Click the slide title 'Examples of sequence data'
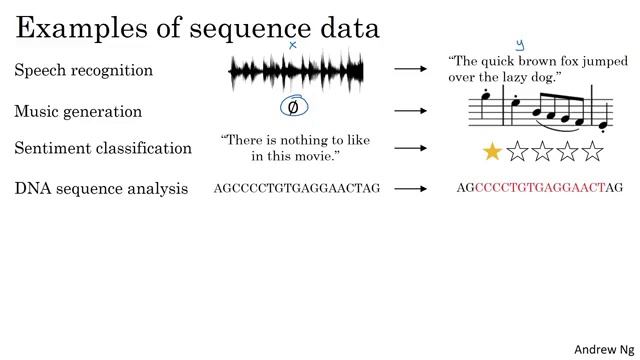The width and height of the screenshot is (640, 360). pos(198,27)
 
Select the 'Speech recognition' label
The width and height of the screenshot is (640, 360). pos(84,71)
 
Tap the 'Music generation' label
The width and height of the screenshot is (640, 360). pos(78,111)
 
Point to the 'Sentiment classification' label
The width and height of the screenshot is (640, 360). pos(103,148)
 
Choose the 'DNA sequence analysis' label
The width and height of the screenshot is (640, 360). pos(101,187)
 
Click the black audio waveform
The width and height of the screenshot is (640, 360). pos(296,70)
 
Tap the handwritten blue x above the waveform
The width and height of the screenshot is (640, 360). pos(293,45)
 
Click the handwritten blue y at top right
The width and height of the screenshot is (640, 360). pos(519,45)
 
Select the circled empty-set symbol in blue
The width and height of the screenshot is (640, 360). pos(293,107)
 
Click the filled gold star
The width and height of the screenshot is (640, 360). pos(492,151)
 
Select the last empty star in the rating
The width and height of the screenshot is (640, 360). pos(594,151)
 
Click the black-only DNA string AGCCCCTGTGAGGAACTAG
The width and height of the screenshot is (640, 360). pos(297,188)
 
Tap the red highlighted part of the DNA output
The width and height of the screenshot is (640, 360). pos(540,188)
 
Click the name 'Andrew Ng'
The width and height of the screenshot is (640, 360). pos(601,348)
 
